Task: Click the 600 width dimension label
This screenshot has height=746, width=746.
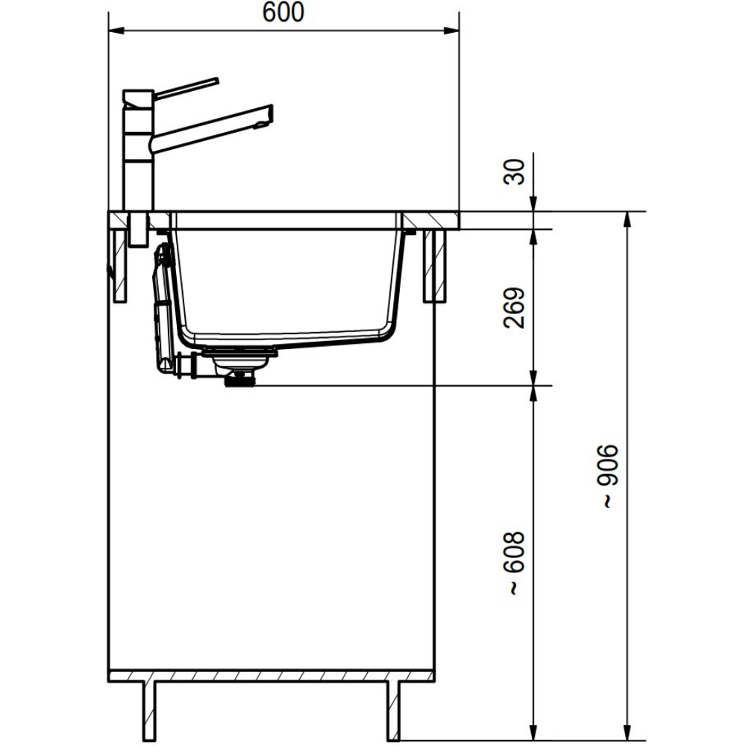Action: pyautogui.click(x=283, y=13)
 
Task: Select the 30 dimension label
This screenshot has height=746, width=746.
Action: pyautogui.click(x=514, y=172)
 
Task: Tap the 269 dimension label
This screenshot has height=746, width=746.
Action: pyautogui.click(x=514, y=308)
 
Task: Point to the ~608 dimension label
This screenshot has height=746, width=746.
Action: pyautogui.click(x=514, y=563)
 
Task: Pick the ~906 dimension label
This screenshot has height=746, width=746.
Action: pyautogui.click(x=609, y=477)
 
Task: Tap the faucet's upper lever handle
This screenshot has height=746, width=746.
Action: pyautogui.click(x=186, y=88)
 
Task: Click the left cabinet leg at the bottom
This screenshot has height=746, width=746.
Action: pyautogui.click(x=149, y=712)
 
